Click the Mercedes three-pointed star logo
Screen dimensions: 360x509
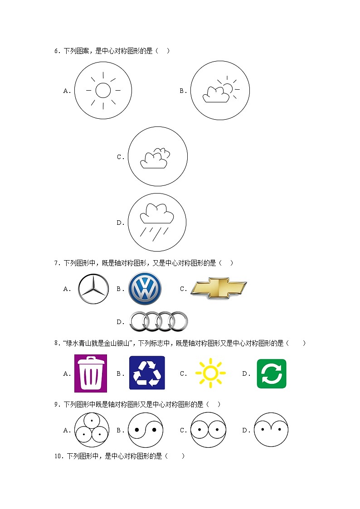(93, 289)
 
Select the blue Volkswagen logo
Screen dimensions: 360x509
(145, 289)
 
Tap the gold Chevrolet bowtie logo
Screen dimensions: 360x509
(219, 288)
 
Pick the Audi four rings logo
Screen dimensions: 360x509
(159, 321)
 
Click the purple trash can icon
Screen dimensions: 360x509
(91, 373)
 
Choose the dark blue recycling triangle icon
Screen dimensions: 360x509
(147, 373)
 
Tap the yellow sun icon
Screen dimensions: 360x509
(210, 373)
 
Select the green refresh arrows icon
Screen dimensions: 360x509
(272, 373)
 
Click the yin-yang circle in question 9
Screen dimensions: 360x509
(146, 430)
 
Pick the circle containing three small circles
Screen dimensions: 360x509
(92, 430)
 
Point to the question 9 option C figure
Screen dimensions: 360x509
(208, 430)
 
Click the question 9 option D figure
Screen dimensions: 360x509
(271, 430)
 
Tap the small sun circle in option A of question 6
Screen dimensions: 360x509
(103, 91)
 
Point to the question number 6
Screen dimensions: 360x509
(57, 51)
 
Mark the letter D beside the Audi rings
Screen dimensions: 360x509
(120, 322)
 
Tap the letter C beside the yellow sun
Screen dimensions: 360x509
(183, 374)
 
